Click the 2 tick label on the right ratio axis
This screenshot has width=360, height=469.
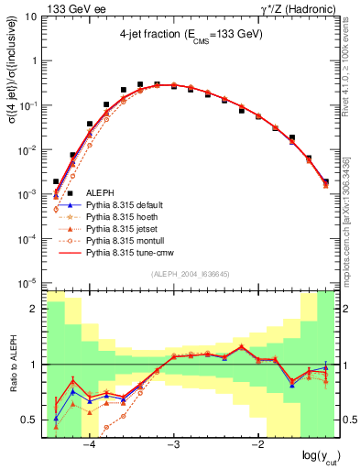(349, 309)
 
